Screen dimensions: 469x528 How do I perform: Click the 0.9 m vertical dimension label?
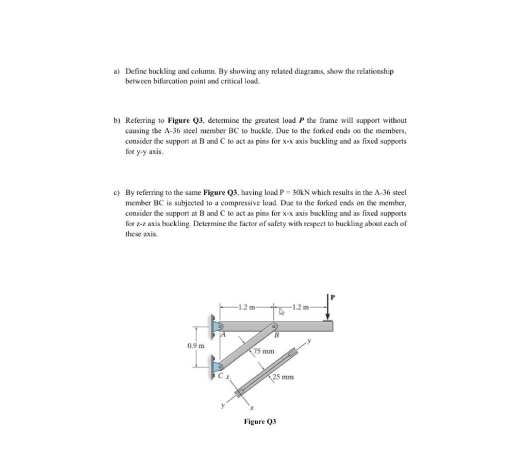[196, 345]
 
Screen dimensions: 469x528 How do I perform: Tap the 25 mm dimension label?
[284, 377]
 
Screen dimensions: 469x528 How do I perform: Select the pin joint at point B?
[274, 326]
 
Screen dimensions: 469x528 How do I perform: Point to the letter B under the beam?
[276, 336]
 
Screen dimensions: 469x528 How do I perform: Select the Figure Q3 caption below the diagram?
[260, 421]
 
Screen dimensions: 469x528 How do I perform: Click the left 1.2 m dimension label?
[246, 308]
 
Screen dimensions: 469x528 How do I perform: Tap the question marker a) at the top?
[117, 71]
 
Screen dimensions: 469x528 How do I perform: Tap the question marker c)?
[117, 192]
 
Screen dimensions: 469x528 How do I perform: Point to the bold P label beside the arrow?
[333, 296]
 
